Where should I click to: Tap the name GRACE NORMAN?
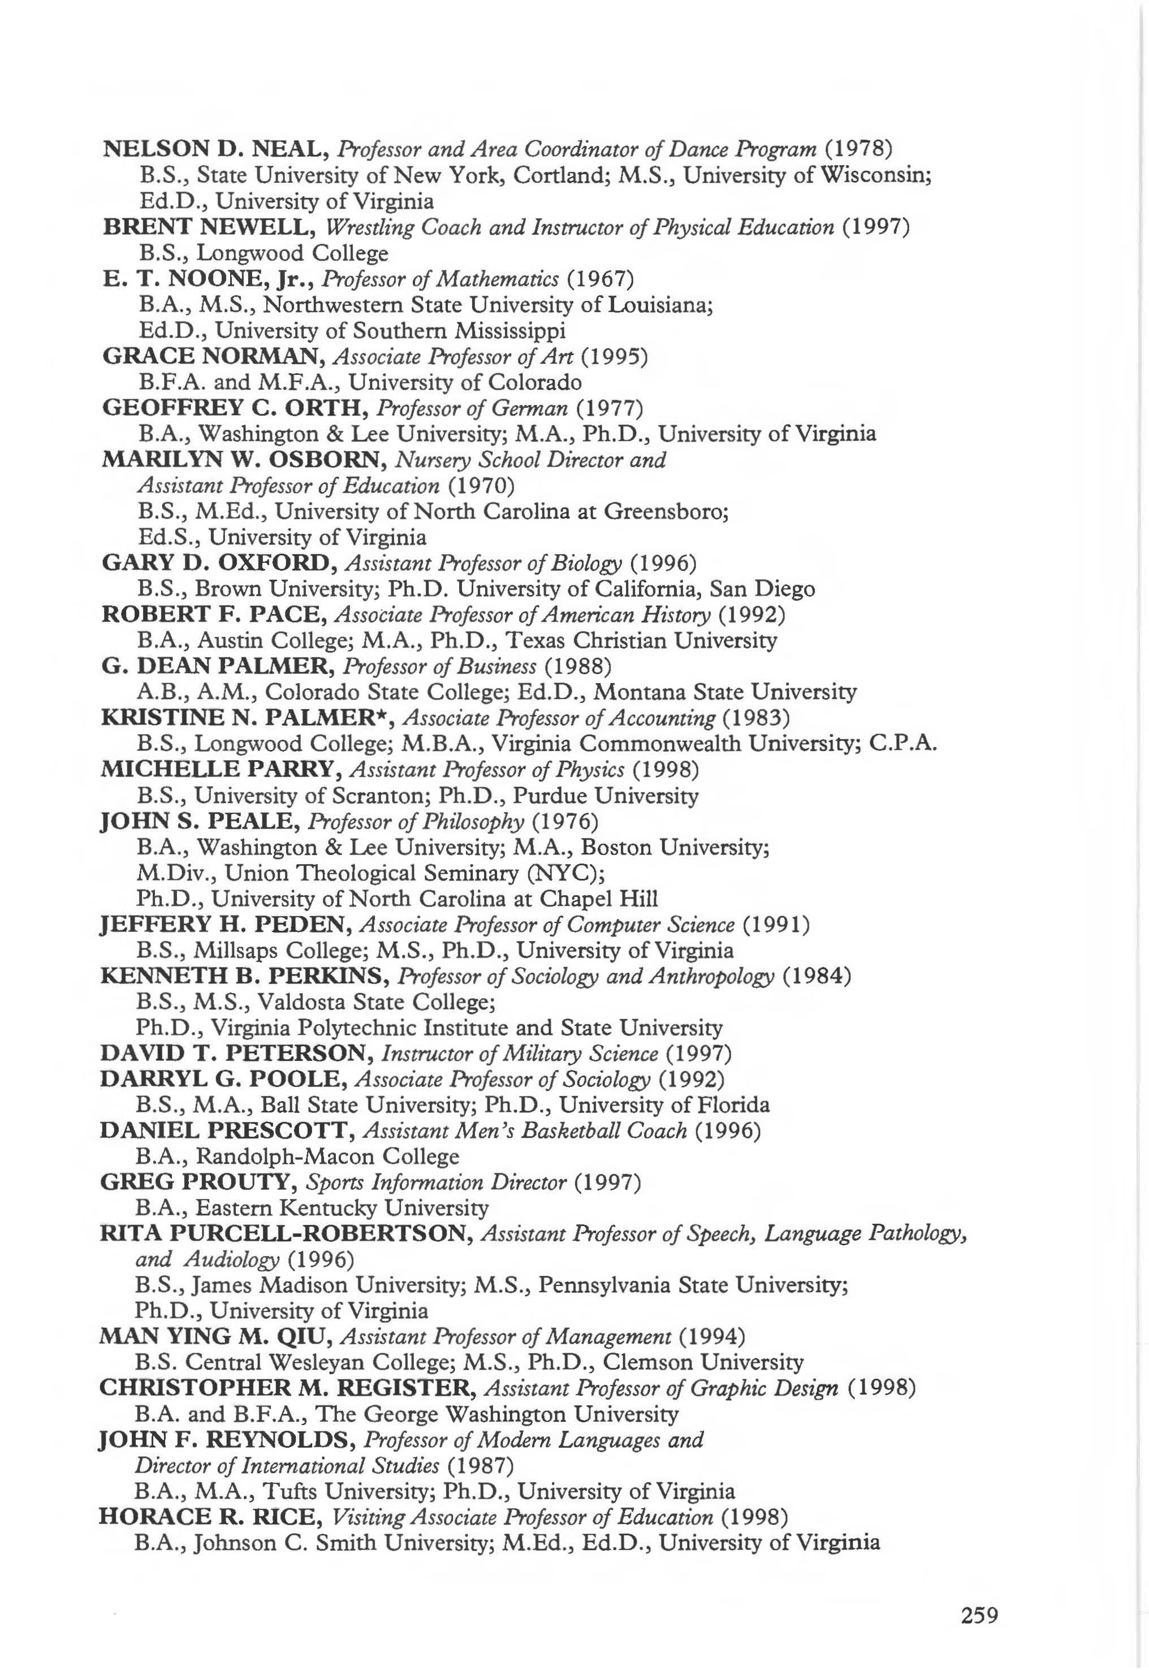click(x=211, y=356)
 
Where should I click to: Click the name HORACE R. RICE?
click(x=209, y=1517)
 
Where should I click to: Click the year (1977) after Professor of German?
click(x=609, y=409)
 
